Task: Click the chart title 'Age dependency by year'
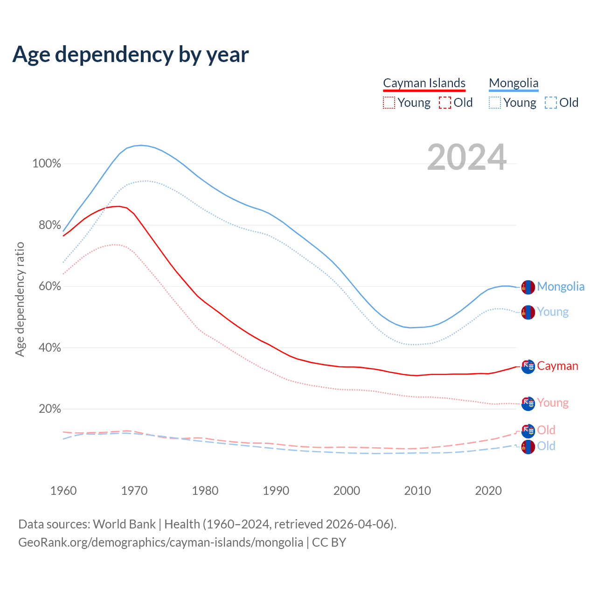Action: [131, 55]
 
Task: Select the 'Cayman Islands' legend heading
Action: [424, 83]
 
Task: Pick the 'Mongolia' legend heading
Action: [514, 83]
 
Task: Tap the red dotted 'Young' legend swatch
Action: [389, 103]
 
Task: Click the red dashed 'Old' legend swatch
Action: [445, 103]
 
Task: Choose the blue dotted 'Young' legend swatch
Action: [495, 103]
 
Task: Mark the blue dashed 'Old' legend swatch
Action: [551, 103]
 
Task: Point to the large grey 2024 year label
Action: [466, 157]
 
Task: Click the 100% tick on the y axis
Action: [47, 164]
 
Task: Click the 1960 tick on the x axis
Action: [63, 491]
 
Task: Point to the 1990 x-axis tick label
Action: [276, 491]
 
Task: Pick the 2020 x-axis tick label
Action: [488, 491]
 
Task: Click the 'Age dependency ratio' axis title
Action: [20, 299]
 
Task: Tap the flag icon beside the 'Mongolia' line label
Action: [528, 287]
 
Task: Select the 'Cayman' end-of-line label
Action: [557, 366]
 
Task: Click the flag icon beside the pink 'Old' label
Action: [528, 430]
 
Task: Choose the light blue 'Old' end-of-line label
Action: [546, 446]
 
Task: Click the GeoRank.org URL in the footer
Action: [160, 542]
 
